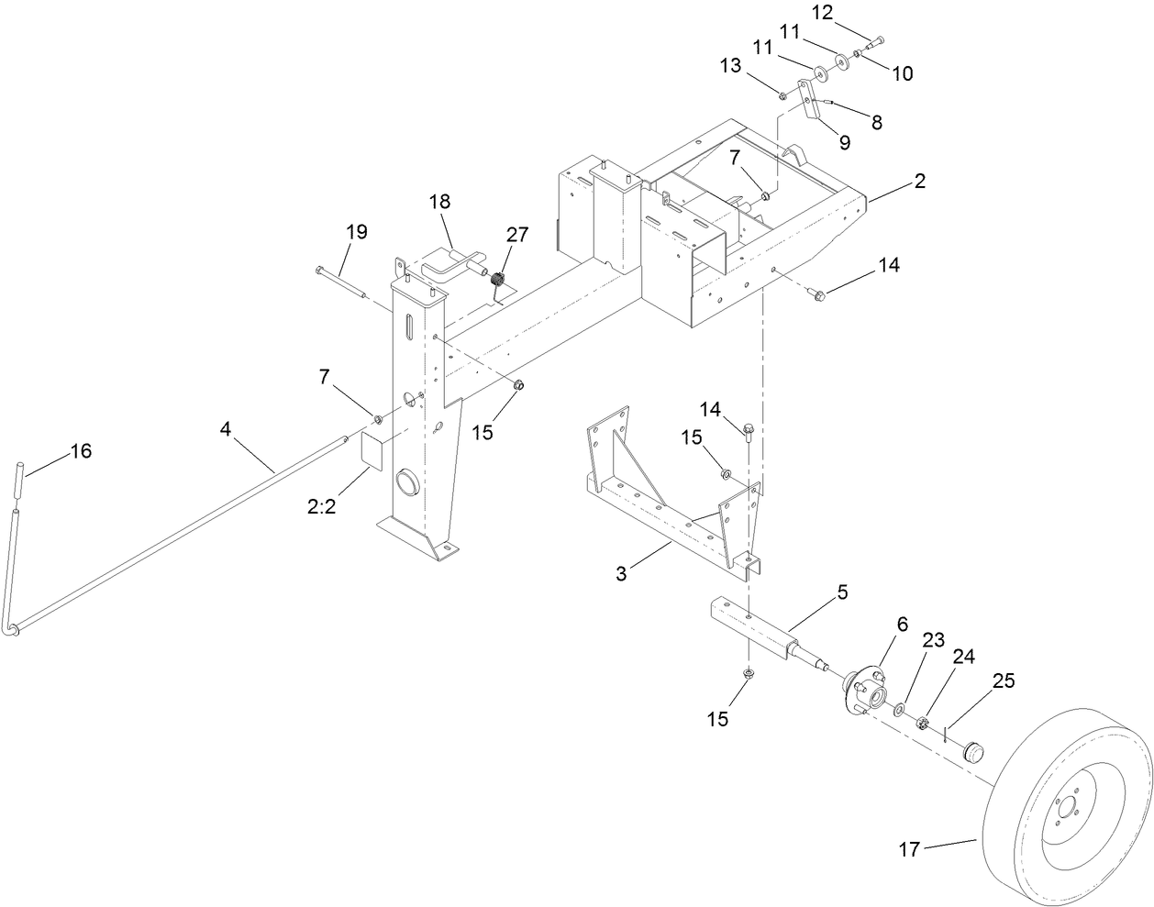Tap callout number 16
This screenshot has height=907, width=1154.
(82, 451)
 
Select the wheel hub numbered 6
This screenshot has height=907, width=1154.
(865, 691)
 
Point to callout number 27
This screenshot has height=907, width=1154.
(517, 235)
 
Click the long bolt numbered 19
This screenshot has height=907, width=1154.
(341, 282)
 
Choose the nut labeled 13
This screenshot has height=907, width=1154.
(782, 94)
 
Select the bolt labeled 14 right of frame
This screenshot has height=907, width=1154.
(818, 294)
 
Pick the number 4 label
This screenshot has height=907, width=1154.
(225, 426)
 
